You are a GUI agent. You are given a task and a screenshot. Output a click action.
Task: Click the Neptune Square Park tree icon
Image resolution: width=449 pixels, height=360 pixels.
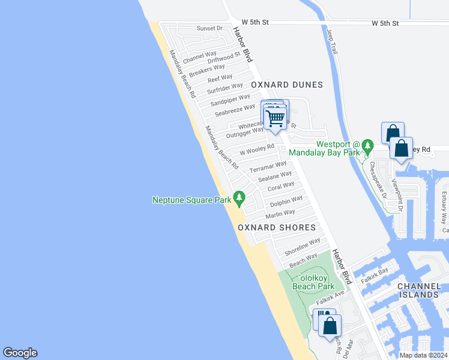coord(240,197)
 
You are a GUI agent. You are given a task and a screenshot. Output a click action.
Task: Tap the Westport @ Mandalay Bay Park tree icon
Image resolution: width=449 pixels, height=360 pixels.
coord(367,146)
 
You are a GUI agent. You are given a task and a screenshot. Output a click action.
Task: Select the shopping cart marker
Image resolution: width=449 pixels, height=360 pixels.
coord(275,118)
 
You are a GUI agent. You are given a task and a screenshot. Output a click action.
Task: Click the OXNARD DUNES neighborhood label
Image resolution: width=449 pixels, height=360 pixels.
coord(287,85)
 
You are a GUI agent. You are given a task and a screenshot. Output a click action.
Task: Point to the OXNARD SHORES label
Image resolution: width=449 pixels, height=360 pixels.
coord(277,227)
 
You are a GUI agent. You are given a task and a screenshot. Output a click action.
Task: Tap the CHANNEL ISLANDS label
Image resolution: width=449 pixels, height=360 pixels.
coord(423,290)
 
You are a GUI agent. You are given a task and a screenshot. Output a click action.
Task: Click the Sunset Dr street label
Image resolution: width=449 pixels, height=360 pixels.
coord(210,28)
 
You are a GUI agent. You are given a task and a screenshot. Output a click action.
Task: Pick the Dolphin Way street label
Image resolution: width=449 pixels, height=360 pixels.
coord(286,202)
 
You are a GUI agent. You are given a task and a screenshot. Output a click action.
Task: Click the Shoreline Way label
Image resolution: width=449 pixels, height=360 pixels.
coord(303,245)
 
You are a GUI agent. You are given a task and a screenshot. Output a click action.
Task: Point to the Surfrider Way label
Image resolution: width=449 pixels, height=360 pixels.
coord(225,88)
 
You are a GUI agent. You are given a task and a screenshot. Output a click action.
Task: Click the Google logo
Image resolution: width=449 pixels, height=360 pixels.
coord(20,353)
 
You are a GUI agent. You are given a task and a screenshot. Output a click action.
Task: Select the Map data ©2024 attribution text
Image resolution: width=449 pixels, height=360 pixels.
coord(423,355)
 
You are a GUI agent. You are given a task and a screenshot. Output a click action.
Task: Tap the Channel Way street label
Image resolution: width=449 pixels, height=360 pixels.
coord(200,58)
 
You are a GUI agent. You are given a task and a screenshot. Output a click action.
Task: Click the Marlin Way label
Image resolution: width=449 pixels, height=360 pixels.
coord(280,213)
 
